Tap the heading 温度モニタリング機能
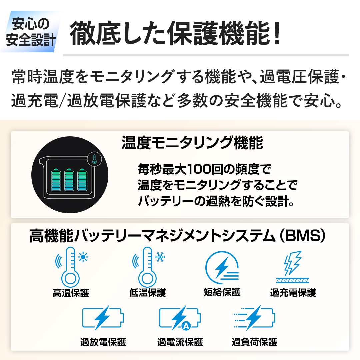[x=192, y=143]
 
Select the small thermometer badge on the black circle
[x=94, y=159]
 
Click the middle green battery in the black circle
[x=69, y=180]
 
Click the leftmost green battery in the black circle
[x=56, y=180]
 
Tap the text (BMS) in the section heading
[x=301, y=236]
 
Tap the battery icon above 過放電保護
[x=103, y=317]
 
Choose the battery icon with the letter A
[x=180, y=318]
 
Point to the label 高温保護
[x=71, y=293]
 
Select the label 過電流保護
[x=180, y=342]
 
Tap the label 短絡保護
[x=222, y=292]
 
